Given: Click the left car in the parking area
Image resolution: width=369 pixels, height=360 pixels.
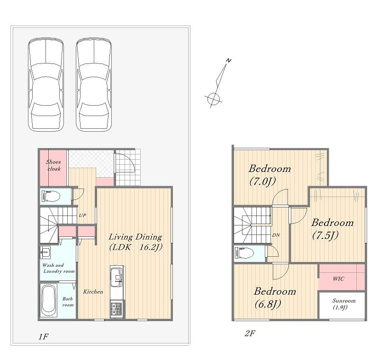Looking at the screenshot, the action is tap(46, 85).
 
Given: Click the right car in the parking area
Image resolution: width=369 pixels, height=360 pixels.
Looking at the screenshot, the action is tap(94, 85).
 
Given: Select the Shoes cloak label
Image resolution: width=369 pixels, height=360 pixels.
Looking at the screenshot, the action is tap(54, 165).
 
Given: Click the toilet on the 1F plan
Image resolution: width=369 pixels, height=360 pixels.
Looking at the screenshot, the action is tap(51, 196).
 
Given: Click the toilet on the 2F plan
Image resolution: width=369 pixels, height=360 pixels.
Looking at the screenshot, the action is tap(244, 253).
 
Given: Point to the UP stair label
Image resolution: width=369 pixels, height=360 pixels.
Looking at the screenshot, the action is tap(82, 215).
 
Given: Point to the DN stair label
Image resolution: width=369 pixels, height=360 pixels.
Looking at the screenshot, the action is tap(276, 235).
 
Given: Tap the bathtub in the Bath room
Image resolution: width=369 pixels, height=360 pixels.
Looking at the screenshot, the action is tap(49, 300).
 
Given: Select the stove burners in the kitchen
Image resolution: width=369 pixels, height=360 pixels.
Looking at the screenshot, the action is tap(117, 309).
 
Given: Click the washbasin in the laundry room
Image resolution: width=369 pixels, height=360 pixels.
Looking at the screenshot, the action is tap(45, 252).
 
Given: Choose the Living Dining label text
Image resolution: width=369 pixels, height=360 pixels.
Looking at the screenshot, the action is tap(135, 237).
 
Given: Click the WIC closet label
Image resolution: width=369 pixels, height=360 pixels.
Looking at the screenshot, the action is tap(339, 279).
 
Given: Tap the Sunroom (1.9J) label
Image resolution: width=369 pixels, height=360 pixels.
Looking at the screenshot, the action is tap(343, 304).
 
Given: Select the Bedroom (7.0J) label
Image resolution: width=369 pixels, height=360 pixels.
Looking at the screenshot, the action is tap(270, 175).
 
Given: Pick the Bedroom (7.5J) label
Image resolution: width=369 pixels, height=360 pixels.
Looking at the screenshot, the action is tap(332, 229).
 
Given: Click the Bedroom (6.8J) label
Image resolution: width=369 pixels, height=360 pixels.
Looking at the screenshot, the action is tap(275, 297).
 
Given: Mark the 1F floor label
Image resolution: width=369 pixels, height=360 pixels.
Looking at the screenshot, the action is tap(44, 337).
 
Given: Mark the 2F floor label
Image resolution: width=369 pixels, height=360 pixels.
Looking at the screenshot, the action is tap(250, 333).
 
